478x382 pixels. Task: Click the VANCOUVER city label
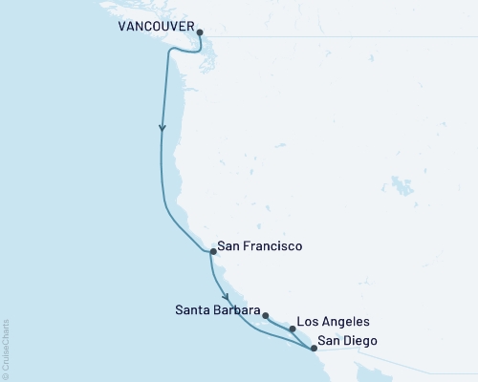[x=156, y=28]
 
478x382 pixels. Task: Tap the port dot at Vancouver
[x=200, y=32]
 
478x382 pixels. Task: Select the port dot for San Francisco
[x=211, y=252]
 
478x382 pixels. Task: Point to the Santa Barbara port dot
[x=266, y=315]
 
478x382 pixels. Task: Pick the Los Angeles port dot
[x=293, y=329]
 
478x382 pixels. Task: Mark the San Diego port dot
[x=314, y=349]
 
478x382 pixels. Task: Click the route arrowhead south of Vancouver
[x=162, y=129]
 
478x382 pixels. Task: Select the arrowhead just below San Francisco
[x=226, y=295]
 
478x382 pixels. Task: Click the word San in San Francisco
[x=228, y=246]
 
